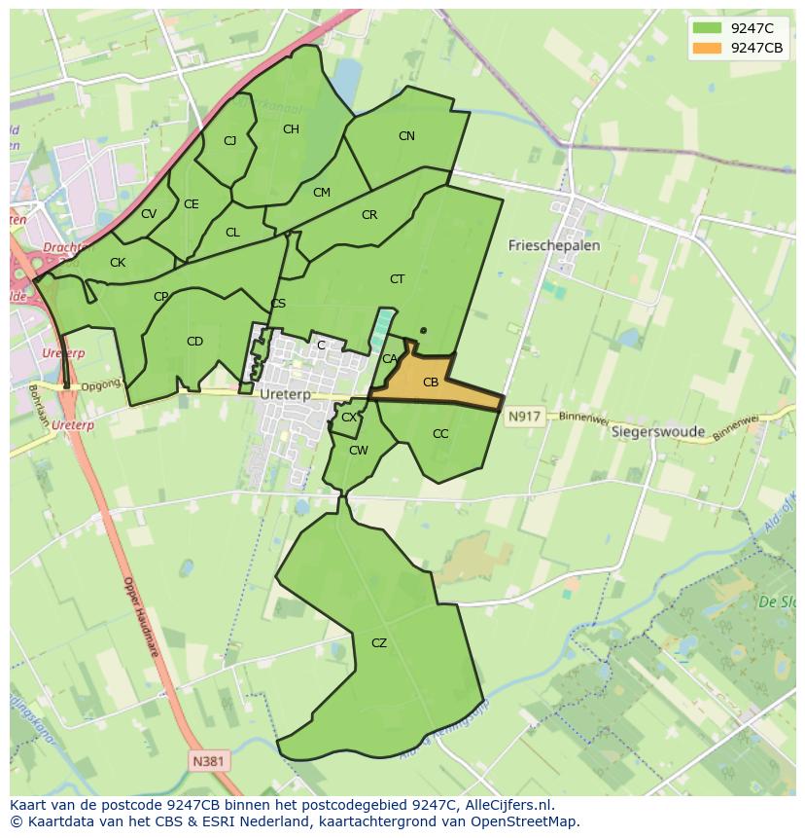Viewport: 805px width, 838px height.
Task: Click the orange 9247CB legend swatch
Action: pos(707,49)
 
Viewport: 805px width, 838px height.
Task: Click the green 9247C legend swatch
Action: pos(707,29)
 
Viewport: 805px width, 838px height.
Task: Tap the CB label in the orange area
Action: pos(431,383)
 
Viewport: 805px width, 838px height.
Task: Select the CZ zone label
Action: pos(379,642)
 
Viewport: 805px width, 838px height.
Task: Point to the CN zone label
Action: pos(406,136)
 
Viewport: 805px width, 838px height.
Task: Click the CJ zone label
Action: pos(229,141)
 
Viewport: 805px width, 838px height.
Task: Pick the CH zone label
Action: pos(291,129)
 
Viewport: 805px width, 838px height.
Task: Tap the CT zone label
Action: pos(397,279)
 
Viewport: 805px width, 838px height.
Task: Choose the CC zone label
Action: pos(440,434)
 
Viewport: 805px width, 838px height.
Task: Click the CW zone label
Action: pos(359,450)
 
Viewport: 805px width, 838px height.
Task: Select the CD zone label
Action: pos(194,341)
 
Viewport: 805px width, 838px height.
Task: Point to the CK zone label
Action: pos(118,263)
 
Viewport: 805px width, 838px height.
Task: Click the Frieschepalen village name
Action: pos(554,245)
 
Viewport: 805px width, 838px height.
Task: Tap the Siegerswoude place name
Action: pos(655,432)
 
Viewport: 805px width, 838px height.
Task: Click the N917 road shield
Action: pos(523,417)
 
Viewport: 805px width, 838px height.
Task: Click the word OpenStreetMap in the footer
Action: pos(526,821)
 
